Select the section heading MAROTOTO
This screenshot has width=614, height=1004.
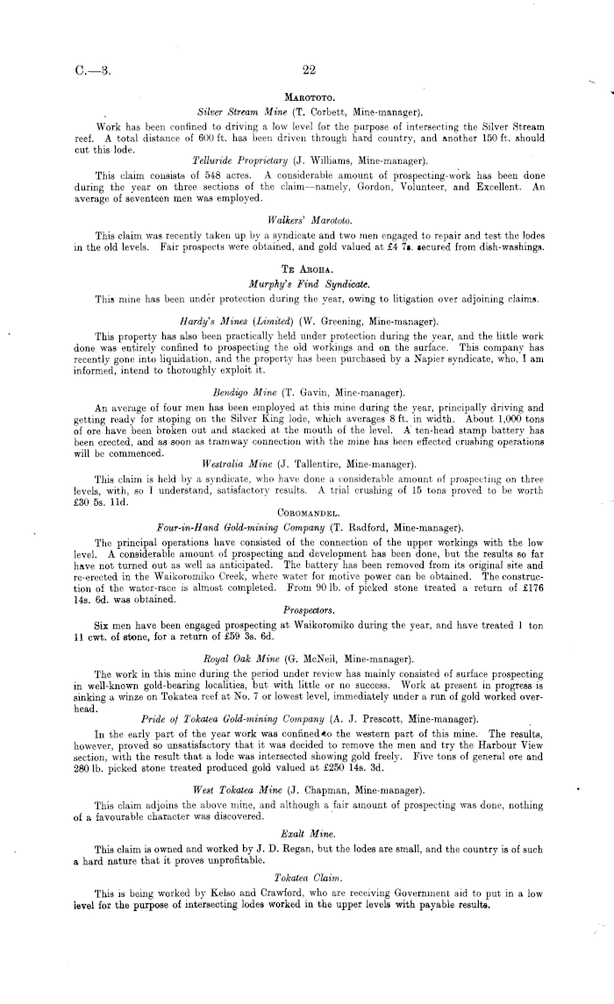pos(306,97)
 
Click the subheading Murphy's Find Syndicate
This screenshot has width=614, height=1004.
pos(306,285)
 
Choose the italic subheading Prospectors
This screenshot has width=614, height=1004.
pos(306,607)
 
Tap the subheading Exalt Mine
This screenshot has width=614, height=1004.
pos(306,834)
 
